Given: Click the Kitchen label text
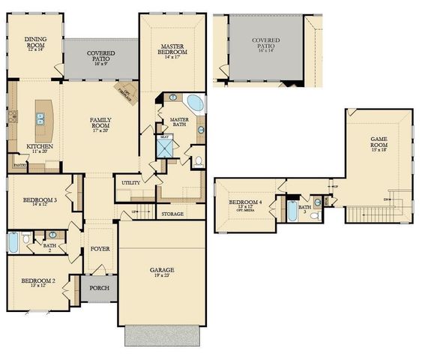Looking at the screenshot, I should (x=39, y=146).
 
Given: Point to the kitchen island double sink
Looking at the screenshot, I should (x=40, y=118).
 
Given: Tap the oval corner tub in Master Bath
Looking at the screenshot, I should (x=194, y=103).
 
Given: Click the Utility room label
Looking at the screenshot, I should (x=126, y=182).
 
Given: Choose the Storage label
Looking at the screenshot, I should (x=172, y=214).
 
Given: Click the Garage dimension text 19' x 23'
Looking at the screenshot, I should (x=162, y=277).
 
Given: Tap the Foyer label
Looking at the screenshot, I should (x=100, y=248).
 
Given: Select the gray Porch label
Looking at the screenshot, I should (x=99, y=287).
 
